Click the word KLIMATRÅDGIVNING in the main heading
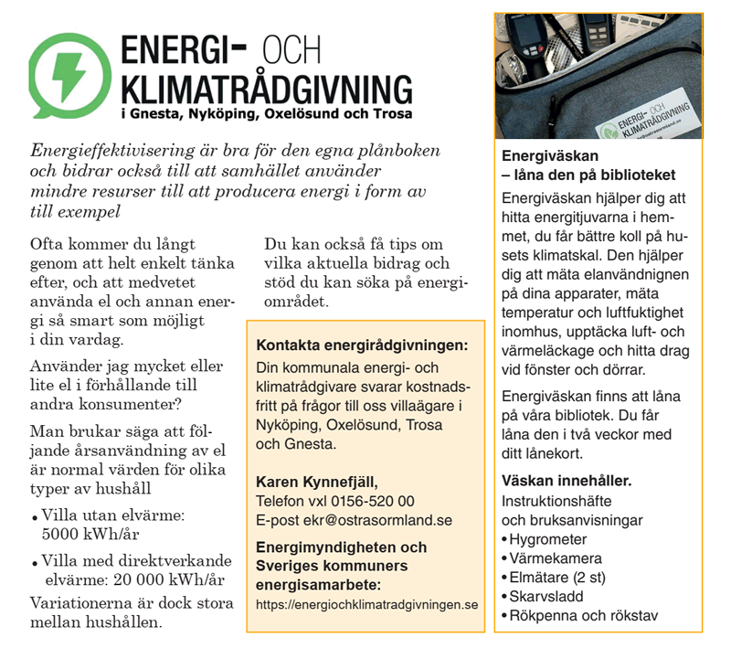pos(266,90)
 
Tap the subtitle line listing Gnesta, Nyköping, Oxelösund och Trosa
pos(266,114)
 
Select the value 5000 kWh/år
pos(90,534)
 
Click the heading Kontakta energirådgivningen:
pos(362,346)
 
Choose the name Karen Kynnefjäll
pos(316,482)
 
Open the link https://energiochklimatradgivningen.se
pos(366,604)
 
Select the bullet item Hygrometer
pos(548,539)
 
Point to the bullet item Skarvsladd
pos(545,597)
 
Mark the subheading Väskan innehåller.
pos(567,481)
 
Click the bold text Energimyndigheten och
pos(341,547)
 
